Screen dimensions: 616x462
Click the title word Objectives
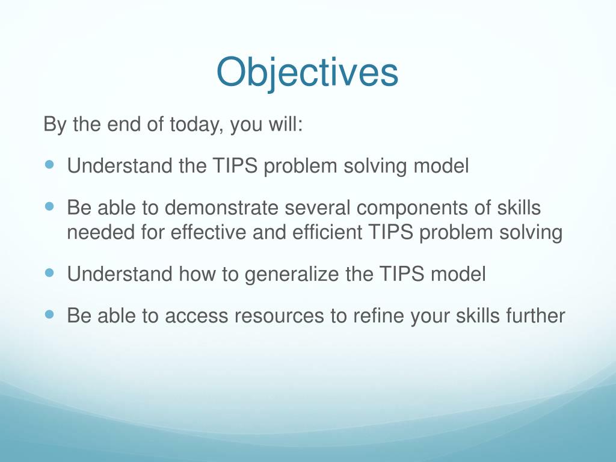pos(307,73)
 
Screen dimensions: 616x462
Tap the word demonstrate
pos(221,208)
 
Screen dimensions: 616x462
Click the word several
pos(318,208)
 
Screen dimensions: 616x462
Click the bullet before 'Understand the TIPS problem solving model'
pos(49,164)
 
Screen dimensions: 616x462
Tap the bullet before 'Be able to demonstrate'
pos(49,206)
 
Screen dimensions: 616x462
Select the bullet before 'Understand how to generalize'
pos(49,273)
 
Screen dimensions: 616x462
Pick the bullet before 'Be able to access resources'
pos(49,314)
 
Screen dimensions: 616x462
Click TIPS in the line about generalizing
pos(402,274)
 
